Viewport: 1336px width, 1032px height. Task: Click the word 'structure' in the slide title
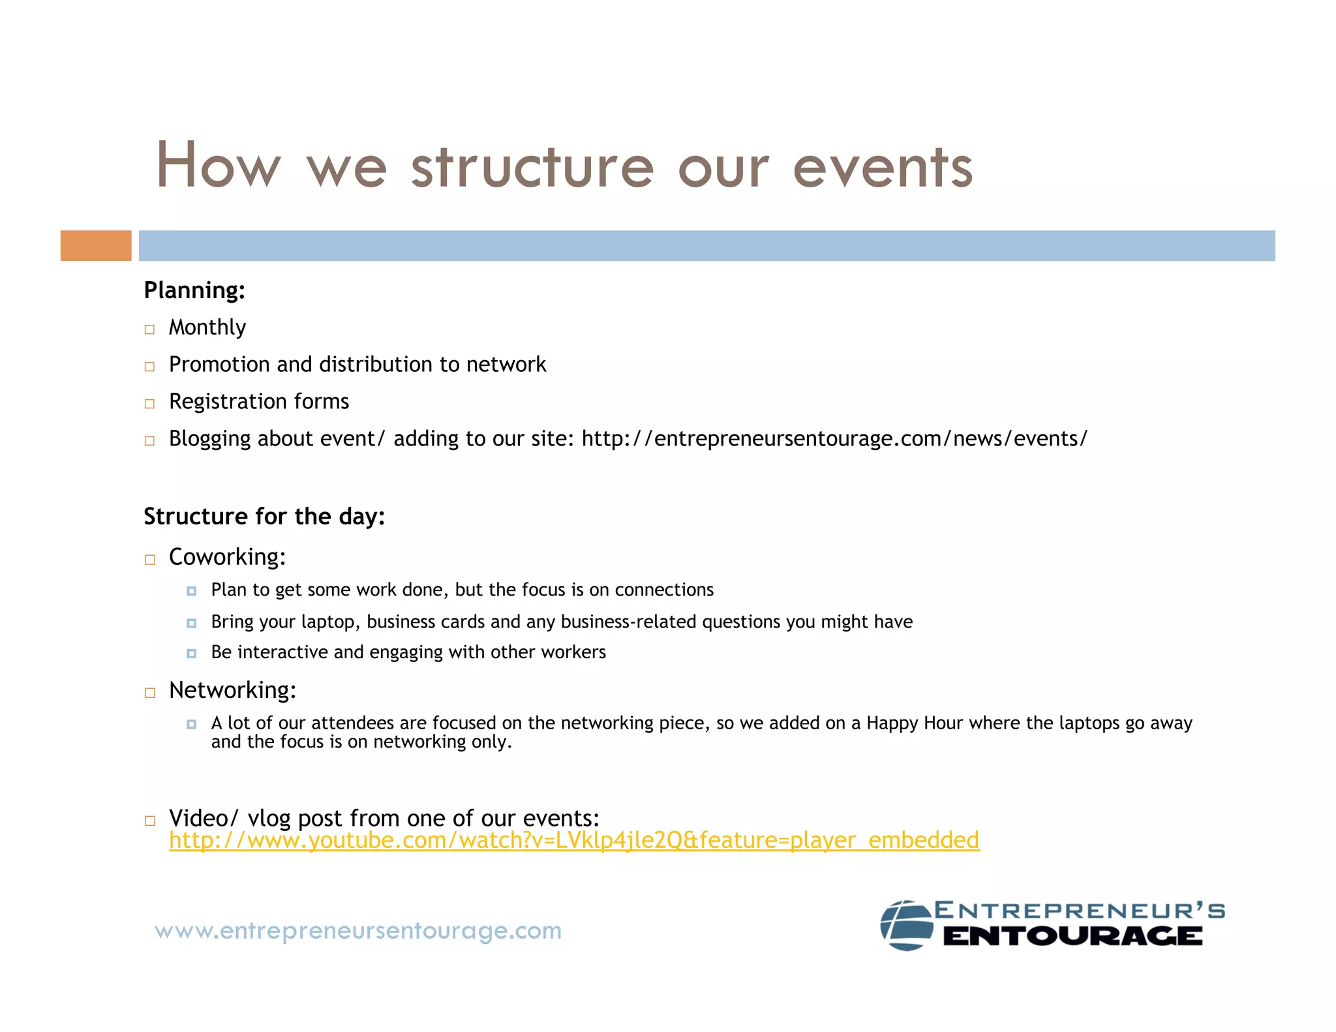(x=532, y=167)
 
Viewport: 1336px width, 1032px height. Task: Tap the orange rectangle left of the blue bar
(x=96, y=245)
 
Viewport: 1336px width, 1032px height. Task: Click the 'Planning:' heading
(x=194, y=290)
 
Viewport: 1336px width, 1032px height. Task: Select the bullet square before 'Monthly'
(x=149, y=329)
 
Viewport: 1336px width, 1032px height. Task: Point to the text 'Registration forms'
(x=258, y=401)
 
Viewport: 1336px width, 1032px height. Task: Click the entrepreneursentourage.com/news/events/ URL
(x=834, y=438)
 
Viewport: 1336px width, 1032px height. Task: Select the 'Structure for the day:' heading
(x=264, y=516)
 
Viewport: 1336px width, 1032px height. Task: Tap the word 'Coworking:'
(x=227, y=556)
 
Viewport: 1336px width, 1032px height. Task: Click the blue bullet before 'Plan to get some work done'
(x=191, y=591)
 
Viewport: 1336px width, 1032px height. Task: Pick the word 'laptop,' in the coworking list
(x=331, y=622)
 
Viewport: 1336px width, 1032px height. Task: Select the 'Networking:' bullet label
(x=232, y=690)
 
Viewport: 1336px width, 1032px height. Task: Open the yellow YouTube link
(x=574, y=840)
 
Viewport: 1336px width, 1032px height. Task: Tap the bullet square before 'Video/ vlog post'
(x=149, y=821)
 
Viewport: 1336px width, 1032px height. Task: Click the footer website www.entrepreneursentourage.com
(x=358, y=930)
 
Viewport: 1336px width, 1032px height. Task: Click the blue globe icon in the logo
(x=906, y=925)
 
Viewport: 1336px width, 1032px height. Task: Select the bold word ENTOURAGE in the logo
(x=1072, y=937)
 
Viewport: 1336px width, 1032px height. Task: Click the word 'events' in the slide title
(x=883, y=167)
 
